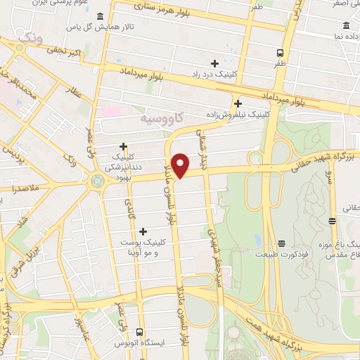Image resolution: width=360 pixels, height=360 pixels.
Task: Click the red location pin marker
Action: click(x=181, y=164)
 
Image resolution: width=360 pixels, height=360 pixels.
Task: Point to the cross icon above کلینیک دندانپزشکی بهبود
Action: click(x=124, y=147)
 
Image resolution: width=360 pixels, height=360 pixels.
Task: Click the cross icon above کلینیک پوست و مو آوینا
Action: click(x=143, y=231)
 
